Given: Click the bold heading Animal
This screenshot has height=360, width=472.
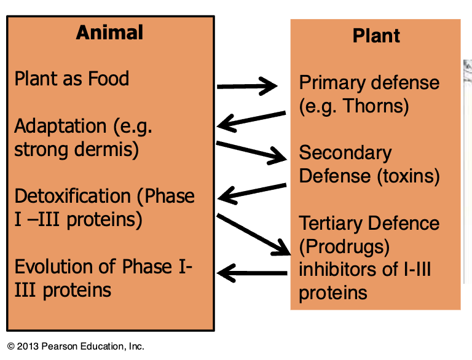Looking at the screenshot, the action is pos(109,32).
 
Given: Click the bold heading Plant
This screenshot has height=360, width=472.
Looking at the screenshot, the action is pos(376,36).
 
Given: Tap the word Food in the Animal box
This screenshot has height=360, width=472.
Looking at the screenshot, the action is pos(109,78).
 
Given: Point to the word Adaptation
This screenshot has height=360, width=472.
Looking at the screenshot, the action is pos(60,127).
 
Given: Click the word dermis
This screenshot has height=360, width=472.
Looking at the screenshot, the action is pos(103,149).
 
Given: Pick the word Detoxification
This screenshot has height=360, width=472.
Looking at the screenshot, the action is pos(73,196).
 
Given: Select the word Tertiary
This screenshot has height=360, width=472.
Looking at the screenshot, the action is pos(331,224).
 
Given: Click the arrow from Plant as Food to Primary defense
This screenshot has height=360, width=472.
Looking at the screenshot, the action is pos(247,87).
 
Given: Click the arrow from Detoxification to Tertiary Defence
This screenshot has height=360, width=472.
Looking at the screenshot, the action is pos(253,234).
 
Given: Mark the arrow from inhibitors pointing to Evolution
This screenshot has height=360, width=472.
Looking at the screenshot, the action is pos(252,273).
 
